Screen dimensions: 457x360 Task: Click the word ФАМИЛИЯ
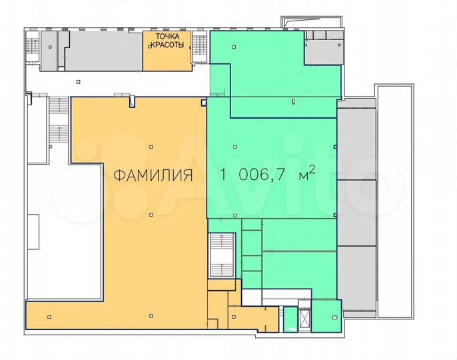pyautogui.click(x=153, y=175)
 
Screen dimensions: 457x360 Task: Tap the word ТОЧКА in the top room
pyautogui.click(x=168, y=37)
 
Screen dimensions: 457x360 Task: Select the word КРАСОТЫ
pyautogui.click(x=167, y=45)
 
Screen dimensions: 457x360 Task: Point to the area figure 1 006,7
pyautogui.click(x=254, y=175)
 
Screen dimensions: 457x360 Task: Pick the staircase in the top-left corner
pyautogui.click(x=32, y=47)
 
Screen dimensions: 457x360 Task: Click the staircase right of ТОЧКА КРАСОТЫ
pyautogui.click(x=199, y=47)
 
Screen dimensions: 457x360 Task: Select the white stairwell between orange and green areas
pyautogui.click(x=222, y=255)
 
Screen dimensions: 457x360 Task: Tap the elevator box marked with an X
pyautogui.click(x=305, y=319)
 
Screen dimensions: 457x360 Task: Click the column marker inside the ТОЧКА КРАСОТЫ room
pyautogui.click(x=150, y=47)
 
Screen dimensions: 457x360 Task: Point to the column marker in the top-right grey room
pyautogui.click(x=339, y=45)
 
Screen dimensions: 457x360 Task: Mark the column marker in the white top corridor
pyautogui.click(x=78, y=82)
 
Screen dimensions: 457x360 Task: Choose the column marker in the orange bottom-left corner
pyautogui.click(x=49, y=317)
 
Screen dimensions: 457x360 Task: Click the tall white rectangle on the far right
pyautogui.click(x=396, y=201)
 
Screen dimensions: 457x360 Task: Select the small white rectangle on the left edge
pyautogui.click(x=33, y=231)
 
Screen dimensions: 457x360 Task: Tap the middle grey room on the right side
pyautogui.click(x=356, y=213)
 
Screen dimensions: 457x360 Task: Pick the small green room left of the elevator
pyautogui.click(x=290, y=319)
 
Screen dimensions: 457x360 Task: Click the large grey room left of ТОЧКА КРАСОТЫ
pyautogui.click(x=103, y=51)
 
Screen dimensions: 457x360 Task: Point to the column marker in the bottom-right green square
pyautogui.click(x=333, y=317)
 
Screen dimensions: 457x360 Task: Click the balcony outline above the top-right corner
pyautogui.click(x=312, y=22)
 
